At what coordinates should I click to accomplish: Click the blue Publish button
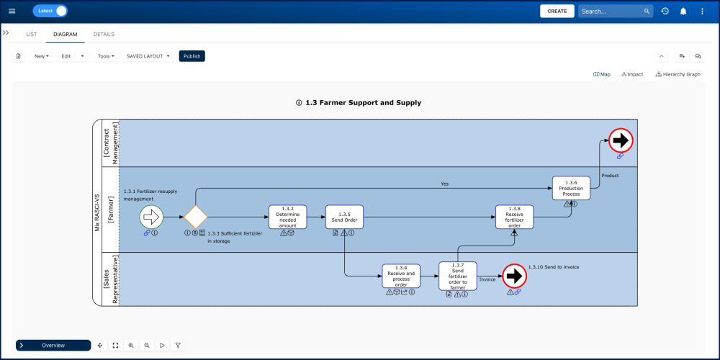click(x=192, y=56)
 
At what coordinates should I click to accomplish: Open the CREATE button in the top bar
click(x=557, y=11)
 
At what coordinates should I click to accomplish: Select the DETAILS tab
click(x=104, y=35)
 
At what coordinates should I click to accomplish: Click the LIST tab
click(x=32, y=35)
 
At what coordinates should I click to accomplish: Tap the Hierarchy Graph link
click(x=678, y=74)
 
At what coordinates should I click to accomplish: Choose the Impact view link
click(x=632, y=74)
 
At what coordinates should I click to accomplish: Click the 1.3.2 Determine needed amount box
click(x=287, y=217)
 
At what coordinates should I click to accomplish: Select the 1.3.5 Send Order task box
click(x=344, y=217)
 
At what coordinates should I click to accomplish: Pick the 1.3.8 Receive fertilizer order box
click(x=514, y=217)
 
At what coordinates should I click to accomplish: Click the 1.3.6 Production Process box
click(x=571, y=188)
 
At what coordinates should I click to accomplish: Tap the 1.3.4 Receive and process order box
click(x=401, y=276)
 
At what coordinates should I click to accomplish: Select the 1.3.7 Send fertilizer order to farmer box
click(x=458, y=276)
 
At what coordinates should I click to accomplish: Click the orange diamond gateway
click(x=195, y=217)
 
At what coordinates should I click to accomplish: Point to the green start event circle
click(x=152, y=217)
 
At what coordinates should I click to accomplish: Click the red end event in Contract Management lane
click(x=620, y=140)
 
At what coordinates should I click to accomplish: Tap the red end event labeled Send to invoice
click(x=513, y=276)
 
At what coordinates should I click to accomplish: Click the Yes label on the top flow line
click(x=444, y=184)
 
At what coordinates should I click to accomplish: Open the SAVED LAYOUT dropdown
click(x=148, y=56)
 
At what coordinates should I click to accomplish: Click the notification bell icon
click(x=683, y=11)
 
